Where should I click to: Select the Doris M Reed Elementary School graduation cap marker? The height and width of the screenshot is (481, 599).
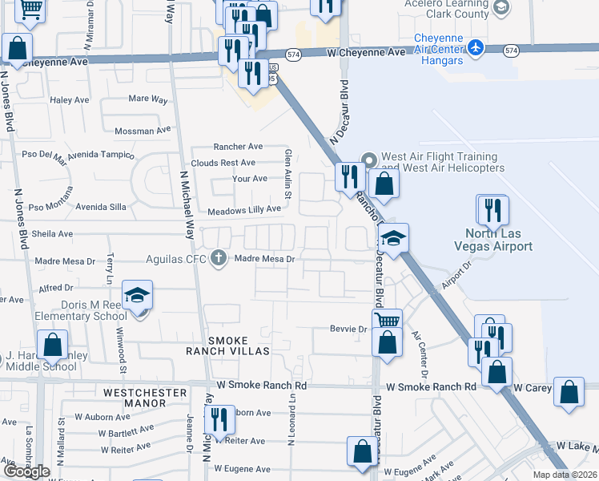click(138, 296)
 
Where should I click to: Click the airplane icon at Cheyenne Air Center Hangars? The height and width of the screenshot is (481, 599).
click(476, 47)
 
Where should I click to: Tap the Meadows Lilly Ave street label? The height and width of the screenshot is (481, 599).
click(244, 209)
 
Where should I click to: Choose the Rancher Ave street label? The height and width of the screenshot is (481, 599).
click(238, 147)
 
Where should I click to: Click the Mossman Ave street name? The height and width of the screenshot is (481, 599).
click(143, 131)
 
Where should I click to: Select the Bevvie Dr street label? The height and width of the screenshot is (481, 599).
click(348, 329)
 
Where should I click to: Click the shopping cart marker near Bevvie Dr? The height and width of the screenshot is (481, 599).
click(388, 320)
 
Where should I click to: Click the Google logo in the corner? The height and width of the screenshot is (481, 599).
click(26, 471)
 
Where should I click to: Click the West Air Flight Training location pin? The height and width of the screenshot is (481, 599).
click(369, 160)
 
